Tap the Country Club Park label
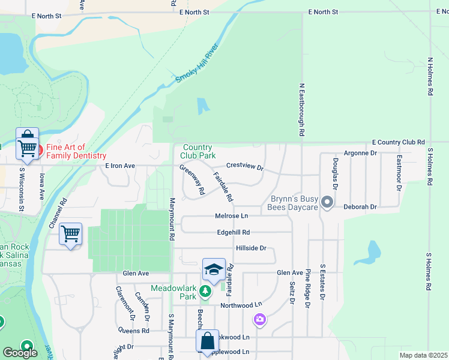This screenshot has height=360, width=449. pos(197,151)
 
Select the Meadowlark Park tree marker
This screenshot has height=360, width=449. pos(206,291)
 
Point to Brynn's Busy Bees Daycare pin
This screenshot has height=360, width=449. pos(327,202)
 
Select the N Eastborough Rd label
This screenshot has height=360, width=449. pos(302,109)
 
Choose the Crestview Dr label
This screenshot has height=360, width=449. pos(245,166)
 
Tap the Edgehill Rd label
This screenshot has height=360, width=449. pos(234,232)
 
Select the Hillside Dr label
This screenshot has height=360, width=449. pos(250,248)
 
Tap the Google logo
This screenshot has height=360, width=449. pos(20,353)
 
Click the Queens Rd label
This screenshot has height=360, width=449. pos(133,331)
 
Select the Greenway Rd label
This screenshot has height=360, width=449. pos(192,179)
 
